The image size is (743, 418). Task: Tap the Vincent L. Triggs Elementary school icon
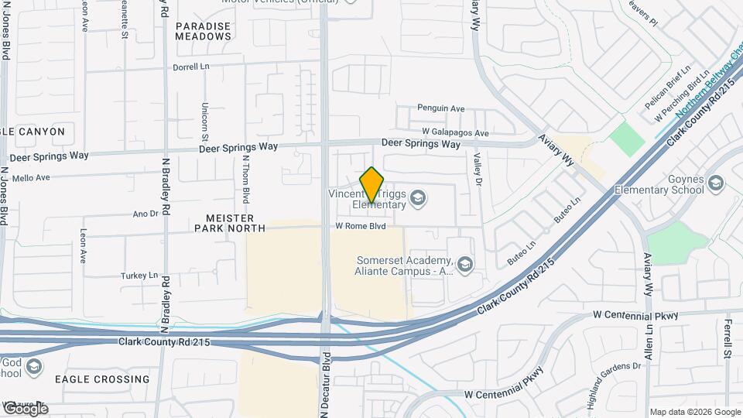[x=419, y=199]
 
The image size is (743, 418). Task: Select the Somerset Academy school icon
[x=464, y=266]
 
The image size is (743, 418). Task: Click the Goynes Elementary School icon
[x=715, y=183]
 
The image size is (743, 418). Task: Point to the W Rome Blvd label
[x=360, y=227]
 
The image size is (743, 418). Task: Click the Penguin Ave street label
[x=440, y=108]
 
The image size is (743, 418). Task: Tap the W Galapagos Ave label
[x=455, y=132]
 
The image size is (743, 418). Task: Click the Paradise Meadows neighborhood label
[x=203, y=31]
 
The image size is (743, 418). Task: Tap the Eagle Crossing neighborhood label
[x=102, y=379]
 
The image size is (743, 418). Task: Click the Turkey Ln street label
[x=139, y=276]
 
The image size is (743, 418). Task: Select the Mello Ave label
[x=31, y=177]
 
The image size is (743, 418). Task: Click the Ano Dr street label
[x=146, y=214]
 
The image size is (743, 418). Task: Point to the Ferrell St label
[x=728, y=339]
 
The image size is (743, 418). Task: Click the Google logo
[x=25, y=408]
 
